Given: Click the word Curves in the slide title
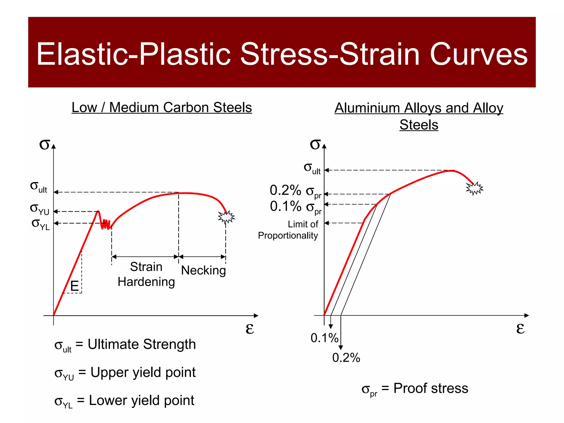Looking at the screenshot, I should (478, 54).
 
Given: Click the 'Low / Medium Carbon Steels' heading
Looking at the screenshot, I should (162, 107).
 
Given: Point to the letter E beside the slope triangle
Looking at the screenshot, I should (74, 286).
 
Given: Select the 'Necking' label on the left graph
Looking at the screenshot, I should (203, 270).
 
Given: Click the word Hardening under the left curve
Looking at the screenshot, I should (146, 282).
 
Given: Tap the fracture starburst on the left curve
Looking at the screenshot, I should (226, 217).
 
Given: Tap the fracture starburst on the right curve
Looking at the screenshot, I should (474, 188).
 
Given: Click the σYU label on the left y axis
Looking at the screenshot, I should (40, 209).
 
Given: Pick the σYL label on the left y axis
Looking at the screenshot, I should (41, 224).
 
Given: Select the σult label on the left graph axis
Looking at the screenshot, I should (39, 187).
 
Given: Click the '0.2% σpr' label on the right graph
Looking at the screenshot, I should (295, 191).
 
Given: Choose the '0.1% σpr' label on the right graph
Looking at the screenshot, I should (295, 207).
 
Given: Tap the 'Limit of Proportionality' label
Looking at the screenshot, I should (288, 230).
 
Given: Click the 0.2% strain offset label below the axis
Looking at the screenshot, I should (346, 358).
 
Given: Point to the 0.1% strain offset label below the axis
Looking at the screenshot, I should (324, 338).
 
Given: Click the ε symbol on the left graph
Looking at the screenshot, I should (250, 328).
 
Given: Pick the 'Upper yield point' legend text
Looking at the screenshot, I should (143, 372).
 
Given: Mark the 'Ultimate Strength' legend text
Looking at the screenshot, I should (142, 344).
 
